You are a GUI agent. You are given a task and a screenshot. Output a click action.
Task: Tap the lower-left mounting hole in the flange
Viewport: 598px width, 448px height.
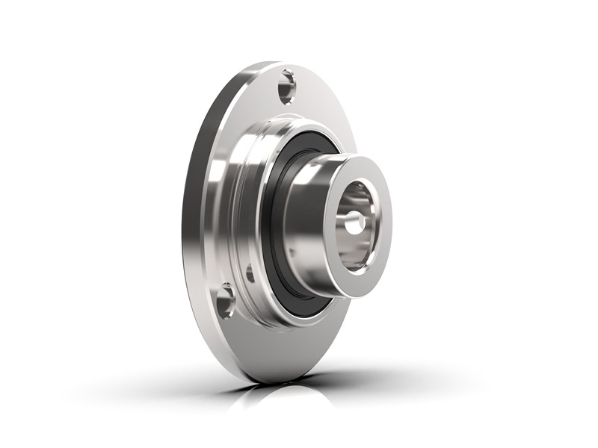(223, 301)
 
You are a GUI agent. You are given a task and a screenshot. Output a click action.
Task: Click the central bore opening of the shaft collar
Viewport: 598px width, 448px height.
(354, 223)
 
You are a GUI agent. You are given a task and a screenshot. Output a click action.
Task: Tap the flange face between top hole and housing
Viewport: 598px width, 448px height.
(288, 112)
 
